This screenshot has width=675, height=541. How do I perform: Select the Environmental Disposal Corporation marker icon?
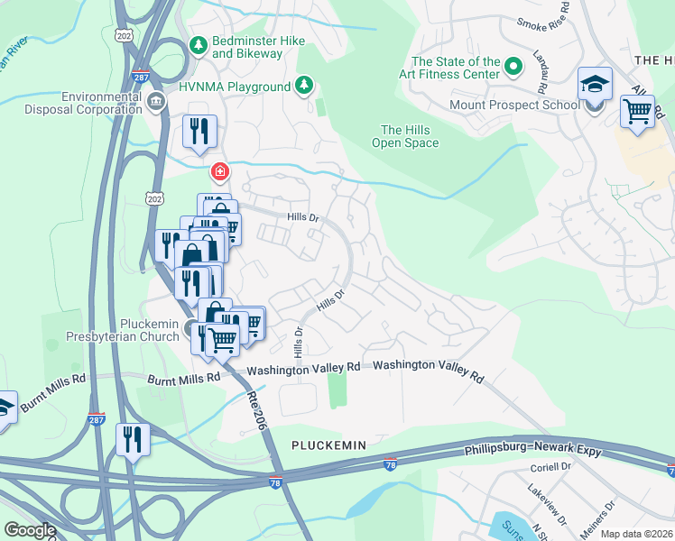pyautogui.click(x=156, y=100)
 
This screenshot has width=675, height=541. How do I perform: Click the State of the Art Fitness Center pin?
pyautogui.click(x=513, y=66)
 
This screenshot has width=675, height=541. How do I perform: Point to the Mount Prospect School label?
pyautogui.click(x=514, y=105)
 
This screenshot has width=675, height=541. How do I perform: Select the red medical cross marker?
pyautogui.click(x=218, y=171)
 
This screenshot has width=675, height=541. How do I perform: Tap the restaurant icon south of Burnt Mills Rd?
pyautogui.click(x=133, y=439)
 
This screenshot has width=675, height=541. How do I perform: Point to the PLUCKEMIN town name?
pyautogui.click(x=328, y=445)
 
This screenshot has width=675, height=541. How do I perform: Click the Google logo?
pyautogui.click(x=30, y=530)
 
